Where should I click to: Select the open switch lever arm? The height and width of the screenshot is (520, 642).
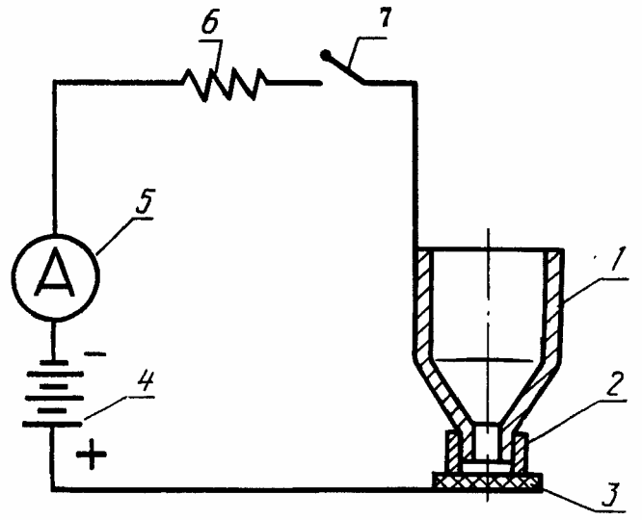345,68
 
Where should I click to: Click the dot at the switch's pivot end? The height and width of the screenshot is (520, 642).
326,55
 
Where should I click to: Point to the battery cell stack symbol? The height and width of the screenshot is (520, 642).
53,394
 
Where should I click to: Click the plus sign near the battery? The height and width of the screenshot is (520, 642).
92,454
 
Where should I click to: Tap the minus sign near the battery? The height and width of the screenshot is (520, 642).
94,354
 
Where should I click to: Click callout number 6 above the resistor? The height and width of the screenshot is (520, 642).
210,26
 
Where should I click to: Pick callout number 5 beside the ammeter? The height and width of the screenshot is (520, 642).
144,202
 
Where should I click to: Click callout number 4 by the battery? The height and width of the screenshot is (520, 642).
145,383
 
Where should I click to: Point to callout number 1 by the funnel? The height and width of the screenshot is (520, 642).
617,261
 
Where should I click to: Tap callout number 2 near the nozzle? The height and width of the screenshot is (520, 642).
615,384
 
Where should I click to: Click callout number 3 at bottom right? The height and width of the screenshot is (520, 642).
611,496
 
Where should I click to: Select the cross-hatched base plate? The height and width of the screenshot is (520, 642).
488,481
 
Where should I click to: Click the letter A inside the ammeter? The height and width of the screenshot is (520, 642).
55,273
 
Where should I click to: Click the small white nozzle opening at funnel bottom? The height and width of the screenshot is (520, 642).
487,442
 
